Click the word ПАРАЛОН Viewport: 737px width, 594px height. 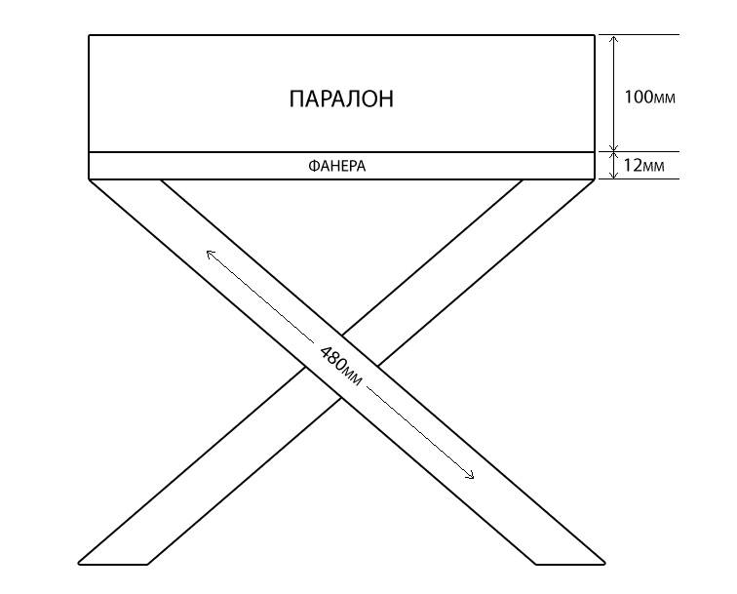tap(341, 99)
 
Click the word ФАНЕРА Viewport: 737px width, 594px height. tap(336, 167)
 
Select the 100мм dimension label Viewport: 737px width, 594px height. tap(649, 98)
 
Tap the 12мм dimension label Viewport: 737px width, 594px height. tap(643, 166)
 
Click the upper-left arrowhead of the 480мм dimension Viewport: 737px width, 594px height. tap(208, 252)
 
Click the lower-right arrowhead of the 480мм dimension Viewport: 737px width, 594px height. tap(471, 477)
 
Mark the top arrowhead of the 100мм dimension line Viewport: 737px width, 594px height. tap(612, 40)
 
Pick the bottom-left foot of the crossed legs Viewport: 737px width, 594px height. tap(113, 563)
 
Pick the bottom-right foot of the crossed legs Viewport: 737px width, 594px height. tap(571, 563)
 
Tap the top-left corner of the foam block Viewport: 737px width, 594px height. tap(89, 35)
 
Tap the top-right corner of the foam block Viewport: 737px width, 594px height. tap(595, 35)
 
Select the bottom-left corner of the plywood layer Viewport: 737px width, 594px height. tap(89, 179)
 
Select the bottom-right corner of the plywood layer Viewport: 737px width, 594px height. tap(595, 179)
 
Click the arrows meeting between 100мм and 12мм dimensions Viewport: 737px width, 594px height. tap(612, 152)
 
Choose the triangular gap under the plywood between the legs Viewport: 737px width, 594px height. tap(342, 234)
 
